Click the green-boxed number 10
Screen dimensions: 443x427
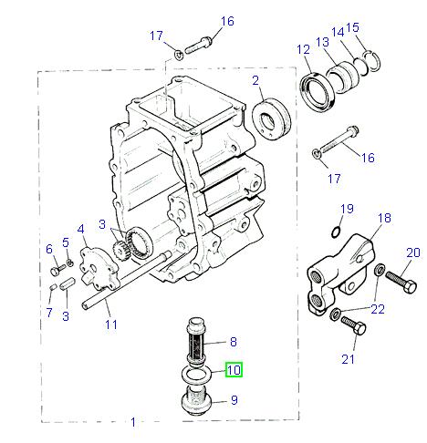234,370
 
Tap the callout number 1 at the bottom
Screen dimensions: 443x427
133,423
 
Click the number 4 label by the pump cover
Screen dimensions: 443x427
81,229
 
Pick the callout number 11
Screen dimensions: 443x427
110,324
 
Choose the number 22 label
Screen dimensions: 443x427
378,309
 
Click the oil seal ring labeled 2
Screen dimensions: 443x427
270,118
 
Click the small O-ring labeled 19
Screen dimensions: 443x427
337,232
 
